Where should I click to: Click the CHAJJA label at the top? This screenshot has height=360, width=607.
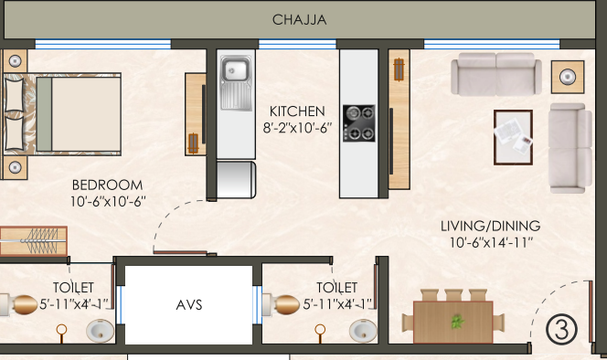(299, 20)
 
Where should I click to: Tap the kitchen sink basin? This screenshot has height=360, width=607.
(234, 70)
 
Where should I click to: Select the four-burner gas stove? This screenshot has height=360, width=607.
(359, 123)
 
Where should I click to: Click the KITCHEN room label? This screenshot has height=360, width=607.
(297, 111)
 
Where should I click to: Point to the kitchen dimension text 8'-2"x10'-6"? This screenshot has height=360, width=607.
(297, 128)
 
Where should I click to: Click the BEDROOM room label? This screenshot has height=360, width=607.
(107, 185)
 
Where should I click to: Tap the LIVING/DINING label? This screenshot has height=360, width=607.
(491, 226)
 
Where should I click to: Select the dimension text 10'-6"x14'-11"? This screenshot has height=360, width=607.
(491, 243)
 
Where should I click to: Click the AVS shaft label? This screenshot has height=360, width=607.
(189, 305)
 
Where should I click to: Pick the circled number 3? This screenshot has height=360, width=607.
(561, 330)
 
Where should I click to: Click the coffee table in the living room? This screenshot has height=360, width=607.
(513, 137)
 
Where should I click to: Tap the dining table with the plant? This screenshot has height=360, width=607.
(453, 322)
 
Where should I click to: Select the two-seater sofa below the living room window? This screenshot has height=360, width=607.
(495, 74)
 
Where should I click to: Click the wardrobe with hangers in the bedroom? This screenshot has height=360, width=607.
(33, 241)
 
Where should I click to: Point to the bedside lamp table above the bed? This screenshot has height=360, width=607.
(15, 61)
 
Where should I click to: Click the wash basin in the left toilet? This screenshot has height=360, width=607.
(100, 331)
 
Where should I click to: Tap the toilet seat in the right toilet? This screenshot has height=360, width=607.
(281, 304)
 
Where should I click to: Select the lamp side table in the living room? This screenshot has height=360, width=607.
(568, 77)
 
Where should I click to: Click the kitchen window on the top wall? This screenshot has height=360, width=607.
(297, 44)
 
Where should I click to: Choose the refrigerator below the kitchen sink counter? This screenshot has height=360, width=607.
(236, 180)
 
